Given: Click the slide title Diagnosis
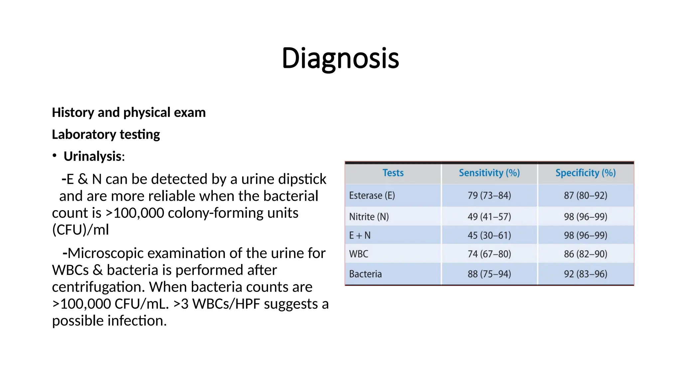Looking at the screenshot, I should click(340, 58).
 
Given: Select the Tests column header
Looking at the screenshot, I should click(393, 173).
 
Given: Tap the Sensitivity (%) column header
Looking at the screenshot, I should click(489, 173).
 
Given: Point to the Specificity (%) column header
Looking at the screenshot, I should click(586, 173).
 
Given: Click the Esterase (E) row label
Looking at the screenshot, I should click(372, 195).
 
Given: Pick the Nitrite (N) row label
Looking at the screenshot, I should click(369, 217).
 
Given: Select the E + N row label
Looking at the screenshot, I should click(359, 235).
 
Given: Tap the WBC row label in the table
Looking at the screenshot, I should click(358, 254).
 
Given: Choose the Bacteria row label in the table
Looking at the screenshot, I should click(365, 274).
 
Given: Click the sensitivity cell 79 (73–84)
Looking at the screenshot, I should click(489, 195).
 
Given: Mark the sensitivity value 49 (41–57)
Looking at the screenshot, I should click(489, 217).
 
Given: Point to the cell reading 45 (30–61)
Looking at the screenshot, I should click(489, 235).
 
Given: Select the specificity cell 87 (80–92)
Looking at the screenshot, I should click(586, 195).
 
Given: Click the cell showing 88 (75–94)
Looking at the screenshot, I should click(489, 274).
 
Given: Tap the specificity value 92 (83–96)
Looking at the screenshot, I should click(586, 274).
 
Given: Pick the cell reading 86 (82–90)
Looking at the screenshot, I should click(586, 254).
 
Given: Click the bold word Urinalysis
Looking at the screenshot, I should click(92, 156).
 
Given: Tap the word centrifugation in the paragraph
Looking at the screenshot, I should click(98, 287).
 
